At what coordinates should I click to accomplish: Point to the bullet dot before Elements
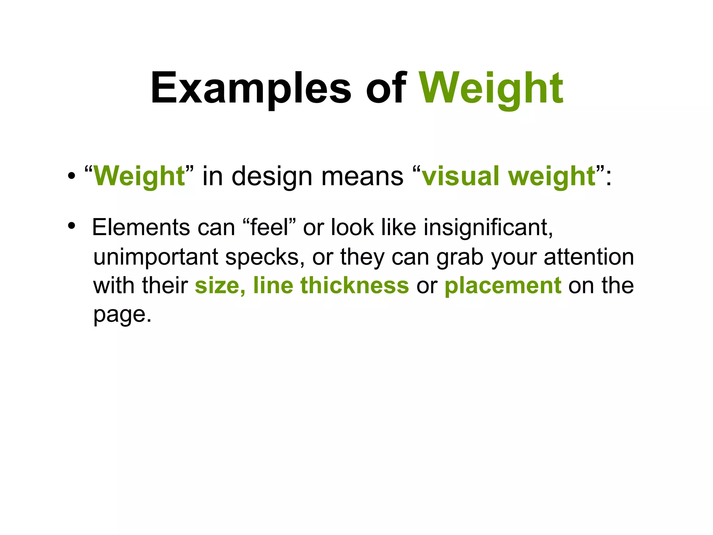(71, 226)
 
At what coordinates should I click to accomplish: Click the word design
(272, 177)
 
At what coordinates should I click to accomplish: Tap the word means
(362, 176)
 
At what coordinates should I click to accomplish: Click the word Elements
(141, 227)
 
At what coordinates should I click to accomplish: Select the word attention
(589, 257)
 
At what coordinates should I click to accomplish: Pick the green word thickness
(354, 285)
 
